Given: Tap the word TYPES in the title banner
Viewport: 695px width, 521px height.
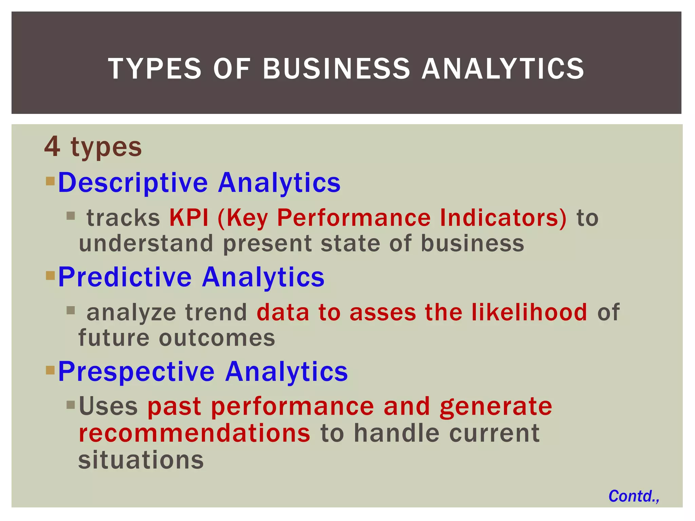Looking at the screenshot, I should click(x=155, y=69).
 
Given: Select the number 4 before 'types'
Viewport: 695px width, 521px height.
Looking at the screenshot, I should click(x=53, y=147).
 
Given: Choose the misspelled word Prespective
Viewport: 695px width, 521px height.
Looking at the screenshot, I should click(x=136, y=371).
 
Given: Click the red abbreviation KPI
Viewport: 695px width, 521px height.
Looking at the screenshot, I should click(x=189, y=218).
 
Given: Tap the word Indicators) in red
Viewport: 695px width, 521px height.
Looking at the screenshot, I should click(x=503, y=218).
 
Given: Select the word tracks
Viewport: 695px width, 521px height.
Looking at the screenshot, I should click(x=123, y=218).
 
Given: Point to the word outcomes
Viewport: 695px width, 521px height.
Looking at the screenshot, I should click(x=217, y=338).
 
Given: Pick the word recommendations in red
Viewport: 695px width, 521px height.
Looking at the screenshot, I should click(x=194, y=433).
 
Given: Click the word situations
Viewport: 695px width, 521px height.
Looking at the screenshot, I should click(x=141, y=460).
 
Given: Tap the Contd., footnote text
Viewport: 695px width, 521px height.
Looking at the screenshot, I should click(x=634, y=496).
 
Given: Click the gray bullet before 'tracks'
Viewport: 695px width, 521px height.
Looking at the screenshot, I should click(x=71, y=216).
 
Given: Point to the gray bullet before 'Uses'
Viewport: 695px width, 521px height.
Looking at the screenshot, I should click(x=71, y=405).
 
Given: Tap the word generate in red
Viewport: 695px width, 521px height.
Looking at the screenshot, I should click(x=496, y=407).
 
